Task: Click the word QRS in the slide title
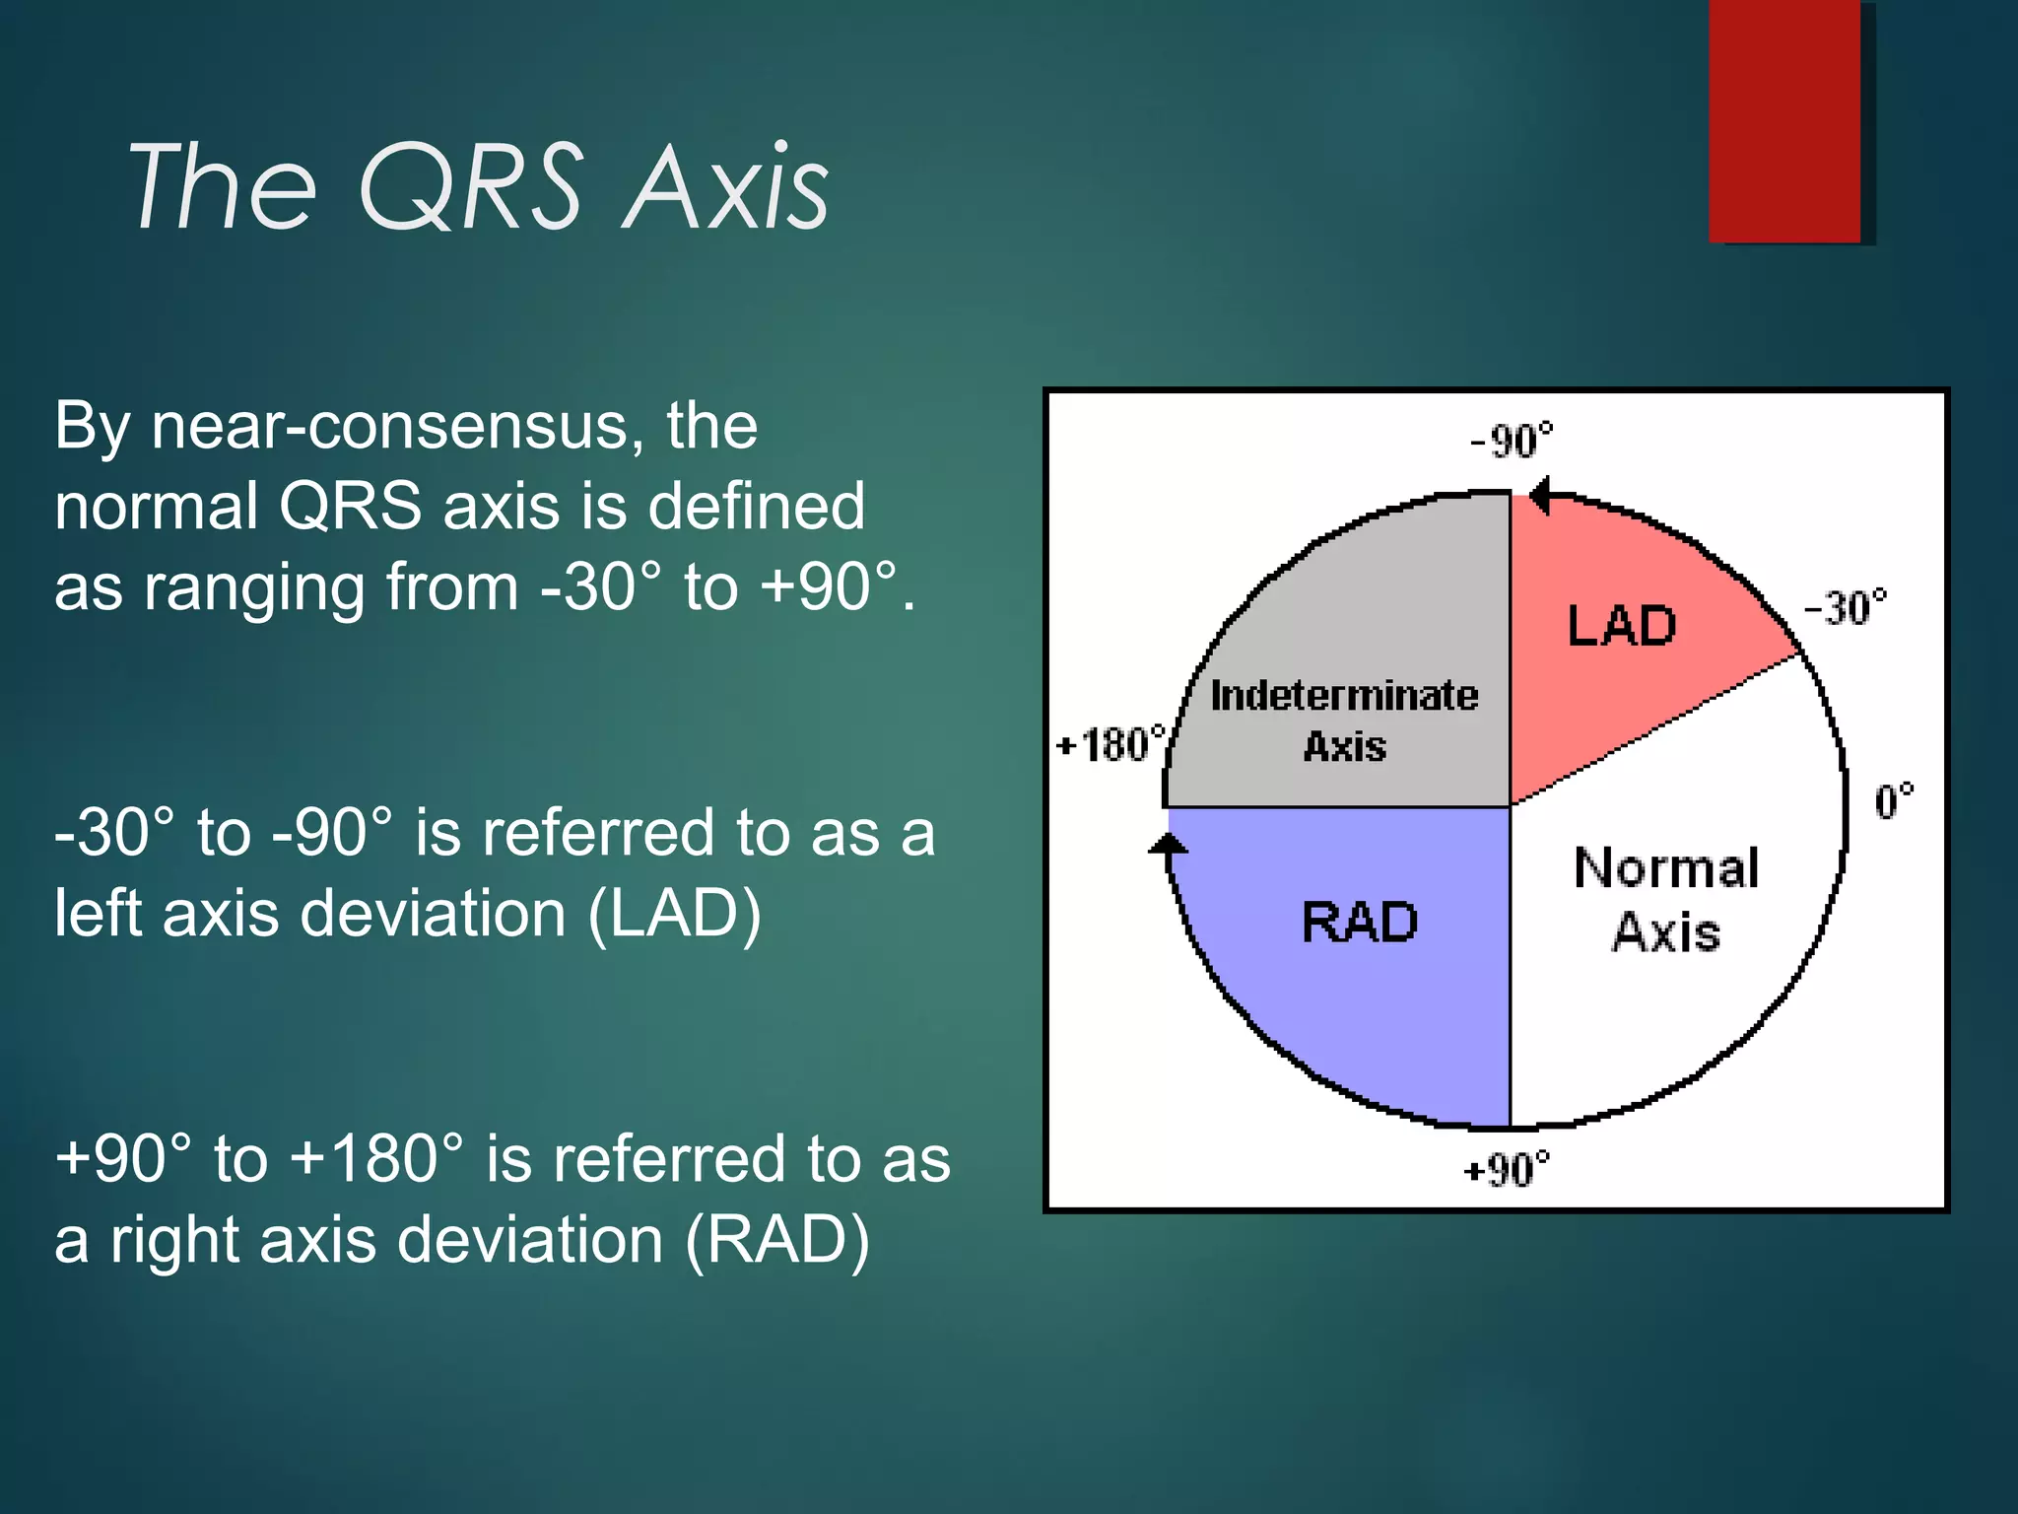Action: [471, 187]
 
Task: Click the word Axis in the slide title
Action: [727, 187]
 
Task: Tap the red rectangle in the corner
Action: [1785, 120]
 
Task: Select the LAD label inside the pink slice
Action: [1622, 626]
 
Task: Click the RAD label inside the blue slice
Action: [1360, 923]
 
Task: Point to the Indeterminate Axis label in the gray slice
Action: [1344, 720]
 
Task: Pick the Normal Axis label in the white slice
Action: [1666, 899]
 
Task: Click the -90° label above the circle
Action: [1511, 440]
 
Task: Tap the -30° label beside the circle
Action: [1846, 607]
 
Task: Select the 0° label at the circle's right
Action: [1893, 801]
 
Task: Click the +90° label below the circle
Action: [1507, 1170]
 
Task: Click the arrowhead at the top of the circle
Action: [1540, 495]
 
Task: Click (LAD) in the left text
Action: [674, 914]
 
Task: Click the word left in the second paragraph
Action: [99, 914]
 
